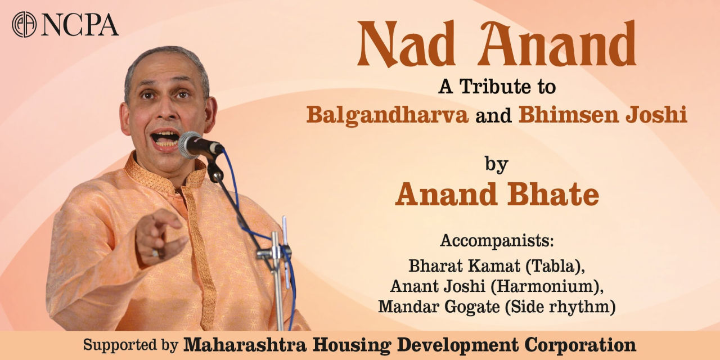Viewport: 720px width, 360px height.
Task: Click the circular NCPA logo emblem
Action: tap(24, 24)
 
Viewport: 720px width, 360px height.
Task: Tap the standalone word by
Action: tap(496, 164)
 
